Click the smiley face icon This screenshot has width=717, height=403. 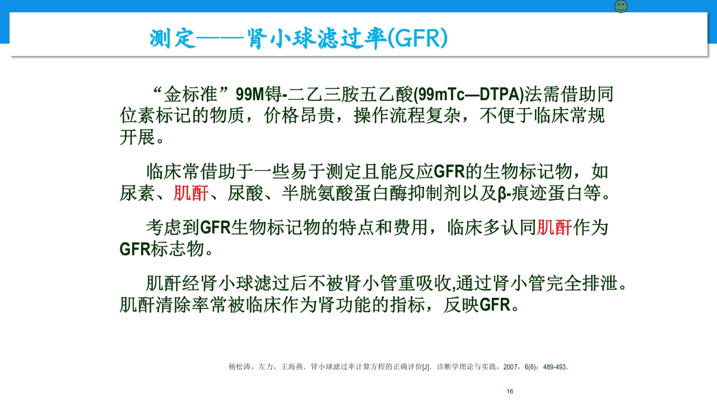621,7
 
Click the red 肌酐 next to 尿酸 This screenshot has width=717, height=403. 191,194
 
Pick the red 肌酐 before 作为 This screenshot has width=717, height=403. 554,228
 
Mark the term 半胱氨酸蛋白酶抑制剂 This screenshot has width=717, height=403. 362,194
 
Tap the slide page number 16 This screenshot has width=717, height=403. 510,391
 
